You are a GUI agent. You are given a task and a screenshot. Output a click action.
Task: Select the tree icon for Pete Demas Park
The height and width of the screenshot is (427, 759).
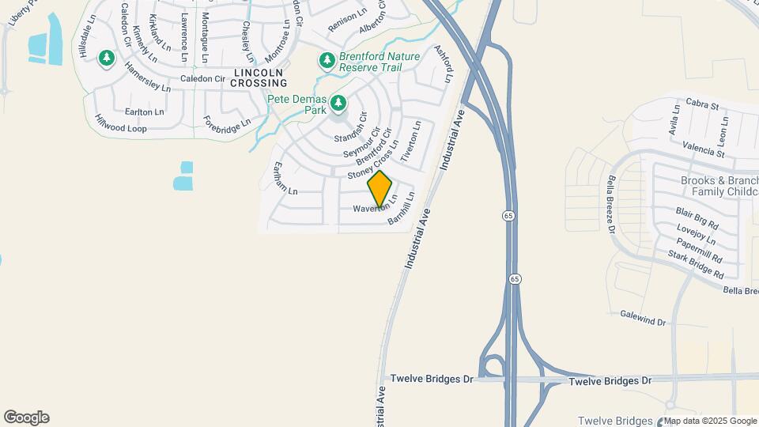[338, 103]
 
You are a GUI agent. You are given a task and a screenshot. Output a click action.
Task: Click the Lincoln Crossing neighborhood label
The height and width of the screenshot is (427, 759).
[259, 77]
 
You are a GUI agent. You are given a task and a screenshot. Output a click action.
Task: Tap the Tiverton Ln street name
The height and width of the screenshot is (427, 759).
[411, 142]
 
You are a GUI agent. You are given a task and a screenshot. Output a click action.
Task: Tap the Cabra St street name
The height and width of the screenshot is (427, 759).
[702, 104]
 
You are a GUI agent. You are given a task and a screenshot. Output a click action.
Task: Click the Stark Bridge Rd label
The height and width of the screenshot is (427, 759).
[696, 264]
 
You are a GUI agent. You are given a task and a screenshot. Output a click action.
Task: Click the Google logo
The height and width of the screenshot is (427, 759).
[26, 417]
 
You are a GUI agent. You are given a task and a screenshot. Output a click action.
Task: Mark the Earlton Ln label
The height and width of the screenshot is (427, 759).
[144, 111]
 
